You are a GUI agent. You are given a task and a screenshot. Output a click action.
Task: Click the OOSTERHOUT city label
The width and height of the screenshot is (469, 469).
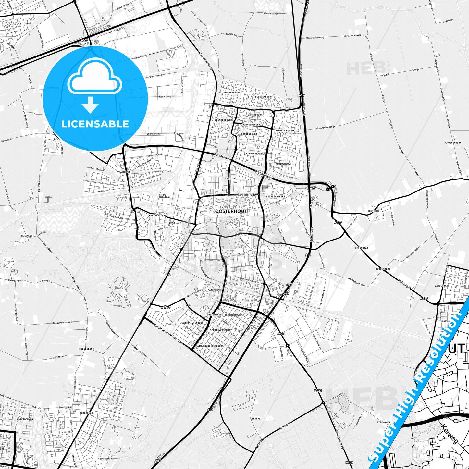coord(231,211)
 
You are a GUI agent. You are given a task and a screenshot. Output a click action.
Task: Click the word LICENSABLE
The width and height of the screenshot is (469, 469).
coord(95,124)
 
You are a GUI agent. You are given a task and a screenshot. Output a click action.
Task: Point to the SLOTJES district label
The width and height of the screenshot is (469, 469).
coord(235,253)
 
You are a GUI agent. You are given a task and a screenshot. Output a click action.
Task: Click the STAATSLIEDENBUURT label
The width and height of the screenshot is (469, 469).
coord(260,97)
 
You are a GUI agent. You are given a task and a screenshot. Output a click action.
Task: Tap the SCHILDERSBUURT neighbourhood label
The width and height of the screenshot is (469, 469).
coord(285,130)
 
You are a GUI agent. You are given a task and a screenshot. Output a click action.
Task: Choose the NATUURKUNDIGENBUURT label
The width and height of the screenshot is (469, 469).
coord(210,346)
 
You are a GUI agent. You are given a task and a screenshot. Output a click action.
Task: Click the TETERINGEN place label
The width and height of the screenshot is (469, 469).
coord(87,413)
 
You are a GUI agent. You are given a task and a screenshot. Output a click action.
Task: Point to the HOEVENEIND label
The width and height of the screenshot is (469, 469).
coord(86,349)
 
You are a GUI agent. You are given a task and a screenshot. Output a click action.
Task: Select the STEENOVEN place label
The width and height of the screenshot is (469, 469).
coord(383,422)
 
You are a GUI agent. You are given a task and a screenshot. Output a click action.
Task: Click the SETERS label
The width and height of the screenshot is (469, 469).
coord(256,419)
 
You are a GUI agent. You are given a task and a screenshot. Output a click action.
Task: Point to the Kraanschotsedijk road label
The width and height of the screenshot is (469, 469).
coord(325,127)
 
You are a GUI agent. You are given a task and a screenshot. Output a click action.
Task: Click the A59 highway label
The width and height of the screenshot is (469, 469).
coord(84,40)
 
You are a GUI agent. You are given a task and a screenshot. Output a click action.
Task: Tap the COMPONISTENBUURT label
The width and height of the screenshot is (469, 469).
coord(193,323)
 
